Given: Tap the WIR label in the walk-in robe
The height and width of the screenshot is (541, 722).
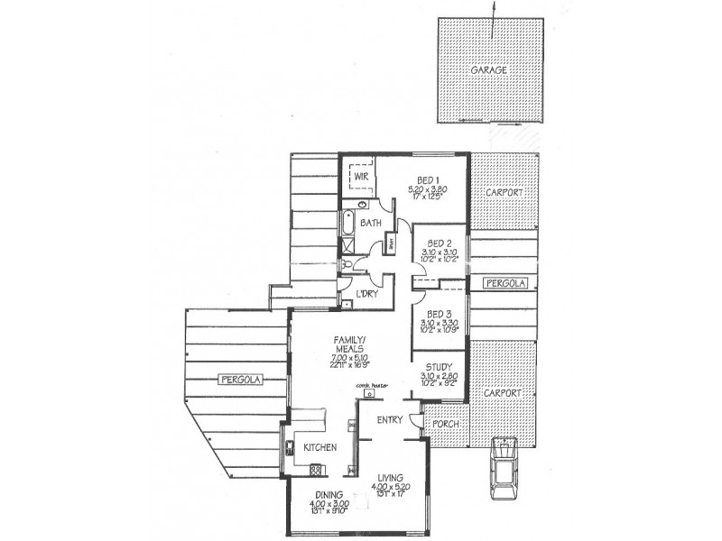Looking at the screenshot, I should (362, 178).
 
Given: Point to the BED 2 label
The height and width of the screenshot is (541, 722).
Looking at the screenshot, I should (440, 243).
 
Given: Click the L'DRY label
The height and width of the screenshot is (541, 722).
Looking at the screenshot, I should (366, 295).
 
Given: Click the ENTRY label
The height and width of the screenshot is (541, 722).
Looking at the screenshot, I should (389, 420).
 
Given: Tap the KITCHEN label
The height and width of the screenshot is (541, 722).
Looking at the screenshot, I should (319, 447).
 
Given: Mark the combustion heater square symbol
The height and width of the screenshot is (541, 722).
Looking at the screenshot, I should (370, 395).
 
